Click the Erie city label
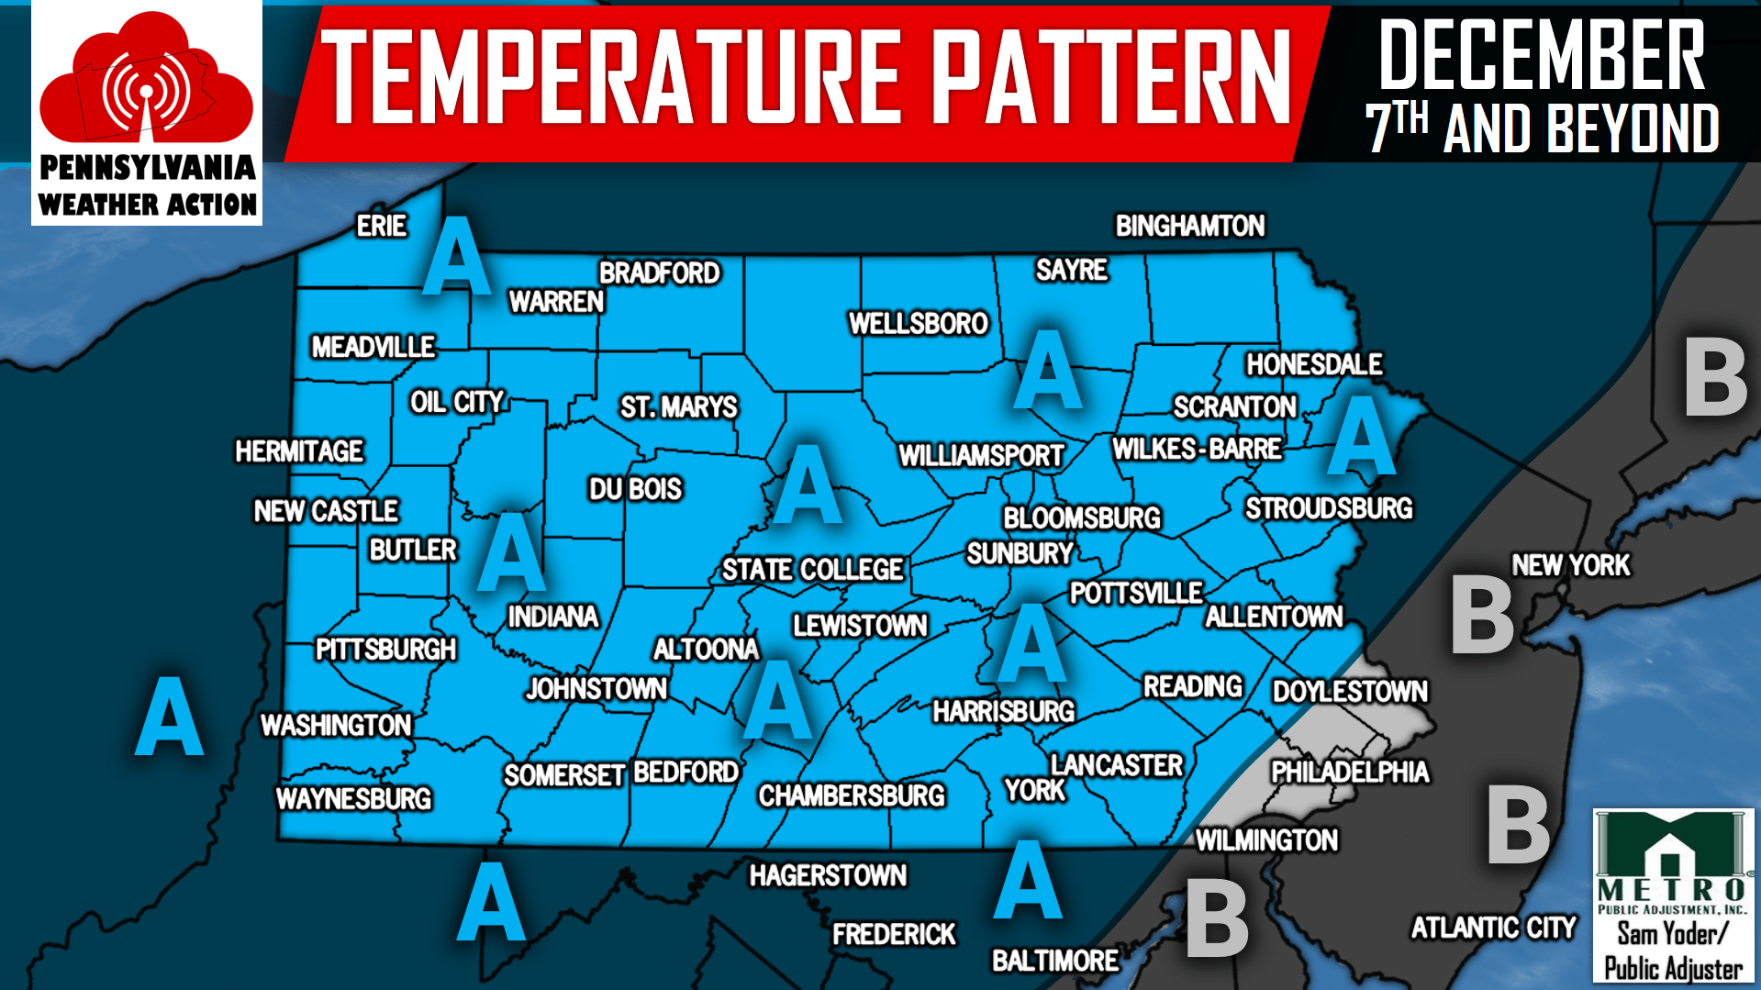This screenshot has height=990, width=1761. point(381,226)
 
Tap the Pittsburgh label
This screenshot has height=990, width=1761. point(385,650)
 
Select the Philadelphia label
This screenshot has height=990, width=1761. point(1349,772)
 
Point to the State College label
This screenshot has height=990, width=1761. point(812,570)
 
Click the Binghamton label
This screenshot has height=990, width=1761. point(1189,226)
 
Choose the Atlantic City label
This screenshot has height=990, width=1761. point(1492,928)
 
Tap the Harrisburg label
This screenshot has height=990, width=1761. point(1003,711)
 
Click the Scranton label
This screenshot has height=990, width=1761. point(1234,406)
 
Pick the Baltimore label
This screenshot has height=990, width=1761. point(1054,961)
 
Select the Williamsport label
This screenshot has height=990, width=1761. point(980,455)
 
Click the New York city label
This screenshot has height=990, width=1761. point(1570,565)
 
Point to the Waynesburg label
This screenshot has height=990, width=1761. point(353,798)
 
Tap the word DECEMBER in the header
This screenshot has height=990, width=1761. point(1541,56)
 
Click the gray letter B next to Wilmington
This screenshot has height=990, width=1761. point(1217,918)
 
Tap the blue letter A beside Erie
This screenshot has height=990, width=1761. point(456,257)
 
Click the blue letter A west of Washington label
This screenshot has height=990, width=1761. point(169,717)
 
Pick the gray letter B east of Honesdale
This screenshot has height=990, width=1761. point(1714,377)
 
